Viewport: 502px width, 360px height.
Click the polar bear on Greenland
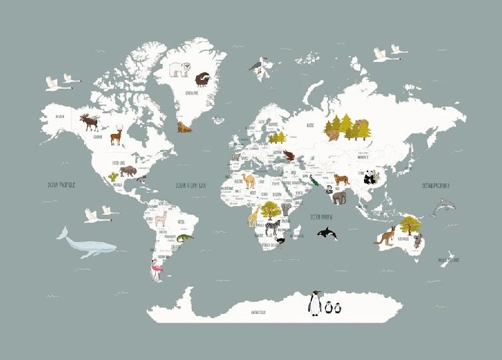click(x=180, y=69)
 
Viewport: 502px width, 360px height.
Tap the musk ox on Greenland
click(x=203, y=81)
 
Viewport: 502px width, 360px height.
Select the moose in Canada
click(x=89, y=122)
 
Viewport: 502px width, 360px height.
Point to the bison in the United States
click(x=128, y=171)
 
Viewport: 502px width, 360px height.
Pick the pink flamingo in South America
click(x=157, y=269)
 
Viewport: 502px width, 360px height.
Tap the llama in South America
click(x=160, y=218)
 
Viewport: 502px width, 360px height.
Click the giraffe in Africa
click(x=255, y=215)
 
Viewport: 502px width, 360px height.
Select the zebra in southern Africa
click(x=273, y=227)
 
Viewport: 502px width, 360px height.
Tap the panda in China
click(x=370, y=177)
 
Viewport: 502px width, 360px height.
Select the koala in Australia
click(x=417, y=241)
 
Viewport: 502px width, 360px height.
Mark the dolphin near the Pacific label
click(x=443, y=208)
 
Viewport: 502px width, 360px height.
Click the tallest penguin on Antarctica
click(x=315, y=303)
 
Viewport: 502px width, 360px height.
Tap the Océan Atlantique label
click(x=191, y=186)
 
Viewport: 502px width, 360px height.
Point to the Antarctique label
click(x=258, y=311)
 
